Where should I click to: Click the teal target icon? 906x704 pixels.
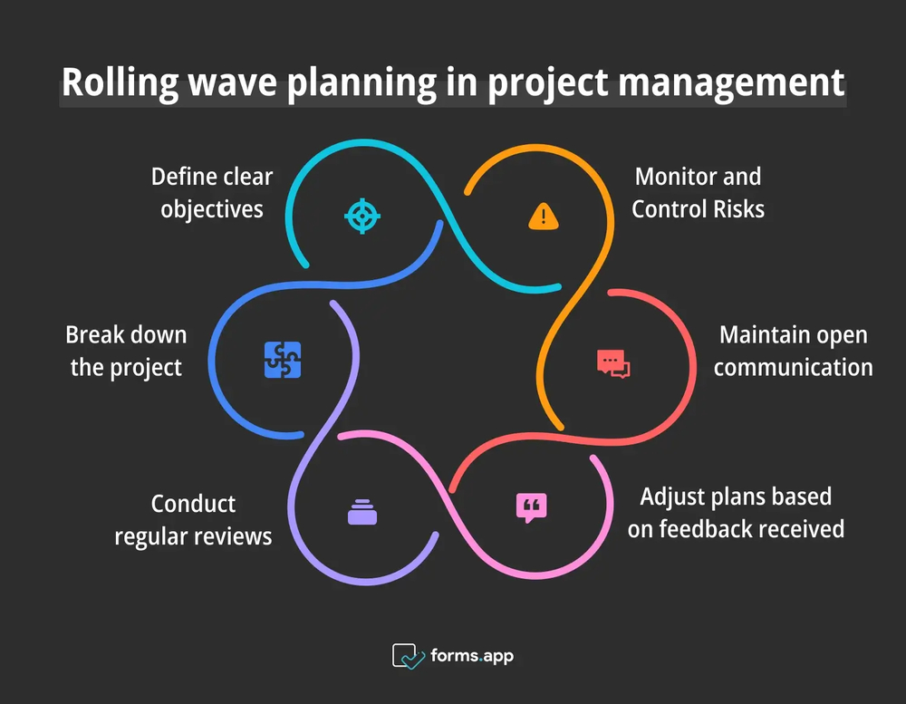[x=362, y=216]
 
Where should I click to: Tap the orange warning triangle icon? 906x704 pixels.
[x=543, y=216]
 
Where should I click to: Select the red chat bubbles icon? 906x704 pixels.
[x=613, y=362]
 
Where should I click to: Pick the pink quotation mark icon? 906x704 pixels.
[x=532, y=506]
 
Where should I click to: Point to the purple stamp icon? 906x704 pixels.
[x=361, y=512]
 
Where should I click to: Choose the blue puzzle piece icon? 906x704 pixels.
[x=283, y=360]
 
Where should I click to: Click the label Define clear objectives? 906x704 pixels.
[x=212, y=192]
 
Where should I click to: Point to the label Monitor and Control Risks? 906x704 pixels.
[x=698, y=192]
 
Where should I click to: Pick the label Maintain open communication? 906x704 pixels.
[x=793, y=351]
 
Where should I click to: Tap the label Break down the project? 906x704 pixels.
[x=126, y=351]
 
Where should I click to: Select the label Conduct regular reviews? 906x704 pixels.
[x=193, y=519]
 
